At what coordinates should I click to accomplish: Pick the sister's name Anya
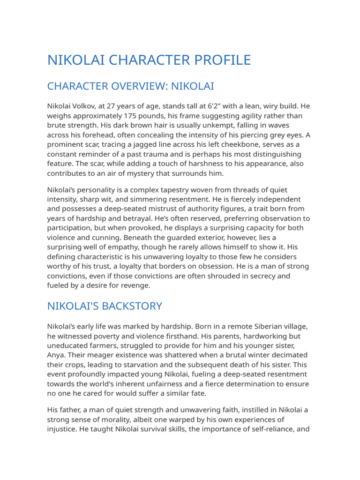coord(57,355)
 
